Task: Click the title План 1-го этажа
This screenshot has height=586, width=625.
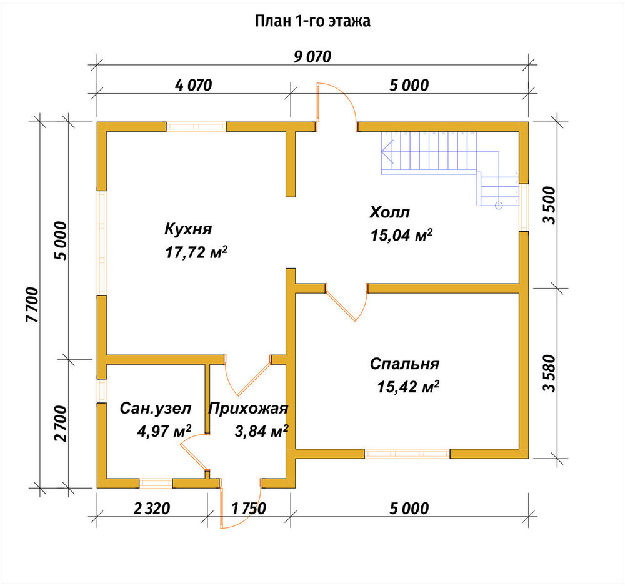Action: coord(312,21)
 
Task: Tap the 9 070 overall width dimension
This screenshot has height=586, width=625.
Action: coord(312,57)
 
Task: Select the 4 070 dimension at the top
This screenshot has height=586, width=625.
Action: coord(193,85)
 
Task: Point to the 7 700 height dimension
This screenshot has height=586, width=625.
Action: coord(32,305)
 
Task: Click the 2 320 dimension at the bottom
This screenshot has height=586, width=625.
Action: coord(152,509)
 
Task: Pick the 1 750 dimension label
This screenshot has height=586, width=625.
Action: coord(248,509)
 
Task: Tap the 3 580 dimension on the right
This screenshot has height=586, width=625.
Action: coord(549,373)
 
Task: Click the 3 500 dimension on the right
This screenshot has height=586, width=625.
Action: coord(549,205)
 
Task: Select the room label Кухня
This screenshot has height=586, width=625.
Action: coord(188,229)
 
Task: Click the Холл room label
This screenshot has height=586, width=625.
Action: coord(389,212)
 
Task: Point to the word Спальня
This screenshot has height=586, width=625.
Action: coord(404,364)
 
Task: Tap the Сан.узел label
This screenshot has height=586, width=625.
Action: coord(156,409)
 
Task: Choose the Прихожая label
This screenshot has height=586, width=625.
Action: coord(248,409)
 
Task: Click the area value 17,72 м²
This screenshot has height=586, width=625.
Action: coord(196,252)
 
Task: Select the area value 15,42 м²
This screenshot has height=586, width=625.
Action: coord(408,387)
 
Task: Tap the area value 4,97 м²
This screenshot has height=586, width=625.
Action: coord(164,431)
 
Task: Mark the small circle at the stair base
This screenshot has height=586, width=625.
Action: coord(498,206)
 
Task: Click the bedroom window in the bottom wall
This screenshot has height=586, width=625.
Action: coord(407,454)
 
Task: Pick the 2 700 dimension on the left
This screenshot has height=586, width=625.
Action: coord(61,424)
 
